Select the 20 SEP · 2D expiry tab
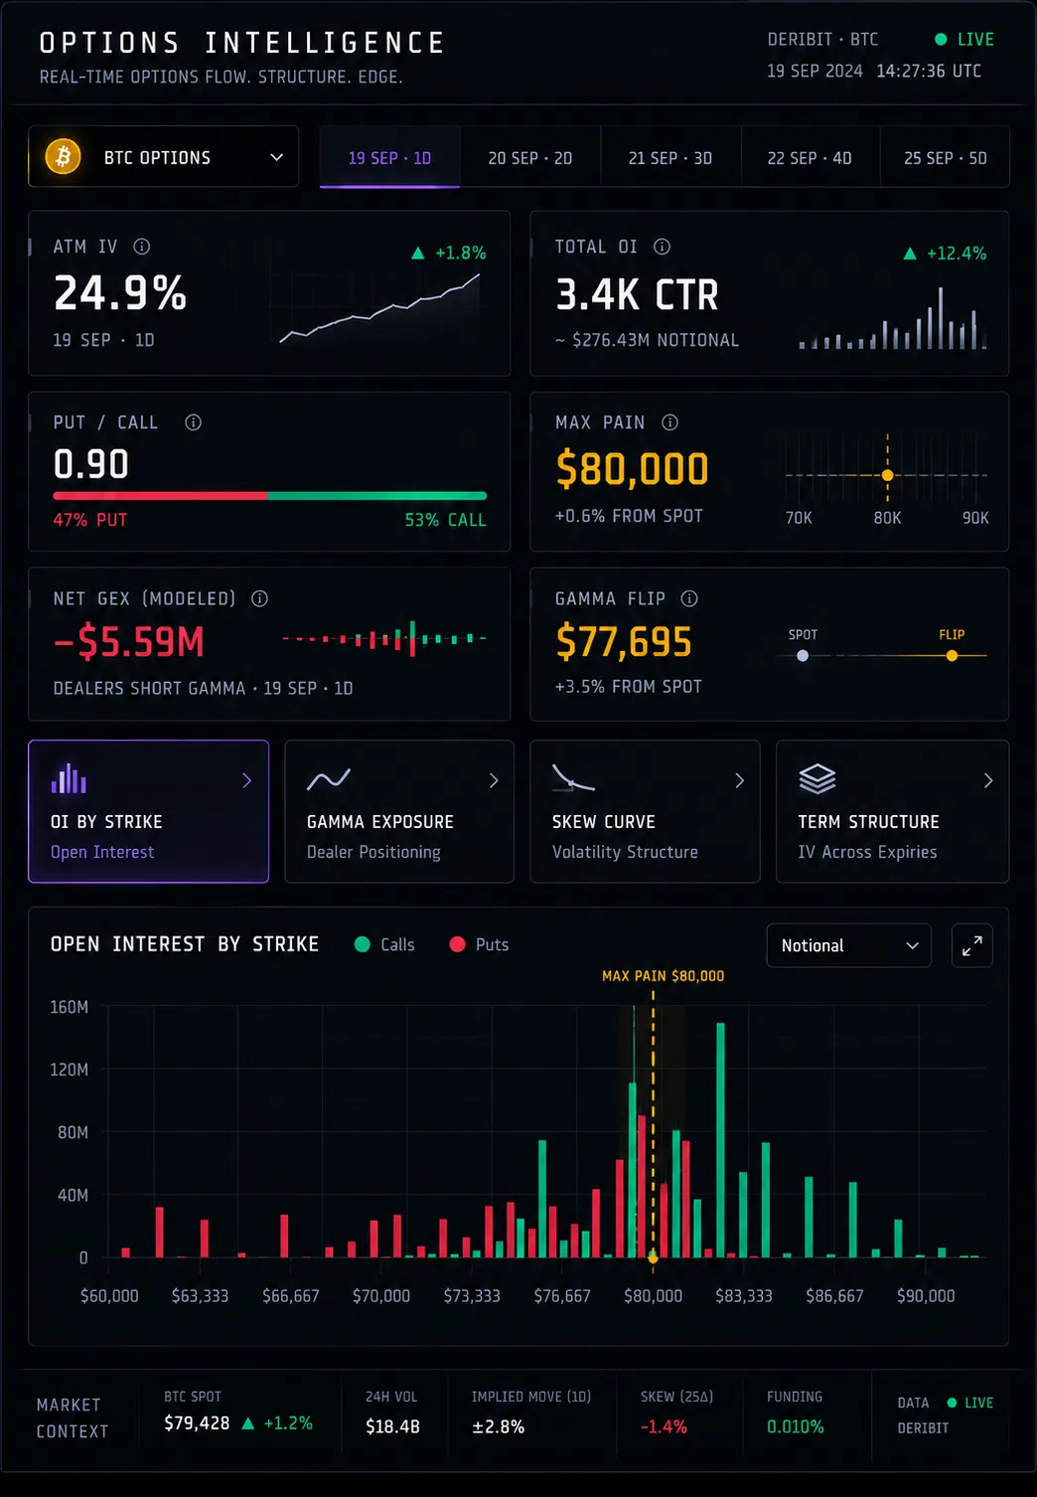[x=530, y=158]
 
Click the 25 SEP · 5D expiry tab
[x=945, y=158]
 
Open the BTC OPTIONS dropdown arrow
[x=276, y=158]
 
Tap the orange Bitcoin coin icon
[x=63, y=157]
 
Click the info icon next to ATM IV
[x=142, y=247]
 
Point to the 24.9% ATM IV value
[x=120, y=292]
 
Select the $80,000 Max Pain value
[x=632, y=468]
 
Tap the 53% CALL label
[x=445, y=520]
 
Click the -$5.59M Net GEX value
[x=129, y=641]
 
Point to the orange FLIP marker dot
[x=952, y=656]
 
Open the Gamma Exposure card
[x=399, y=811]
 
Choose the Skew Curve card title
[x=604, y=821]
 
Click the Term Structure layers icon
[x=817, y=779]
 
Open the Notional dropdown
[x=848, y=945]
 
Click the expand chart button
[x=971, y=945]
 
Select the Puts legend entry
[x=479, y=944]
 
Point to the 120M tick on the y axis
[x=70, y=1070]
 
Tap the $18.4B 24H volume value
[x=392, y=1426]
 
